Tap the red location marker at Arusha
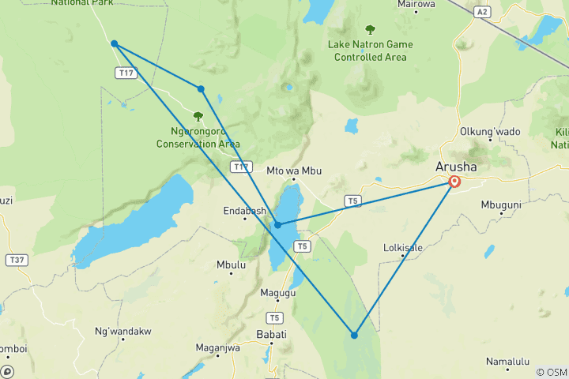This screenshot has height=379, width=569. [x=454, y=182]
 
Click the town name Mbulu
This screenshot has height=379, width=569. [x=231, y=265]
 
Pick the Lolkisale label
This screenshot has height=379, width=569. [x=402, y=248]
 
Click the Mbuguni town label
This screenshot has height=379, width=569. [x=501, y=205]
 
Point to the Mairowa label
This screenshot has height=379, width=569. [x=416, y=4]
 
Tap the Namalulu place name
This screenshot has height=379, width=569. [x=507, y=362]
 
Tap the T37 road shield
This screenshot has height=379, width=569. [x=15, y=260]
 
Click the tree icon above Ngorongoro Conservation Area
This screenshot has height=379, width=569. [x=198, y=116]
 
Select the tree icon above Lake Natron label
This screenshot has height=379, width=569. [x=370, y=30]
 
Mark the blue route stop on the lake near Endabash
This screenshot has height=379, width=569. [x=277, y=225]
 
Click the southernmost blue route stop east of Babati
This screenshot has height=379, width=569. [x=354, y=336]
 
